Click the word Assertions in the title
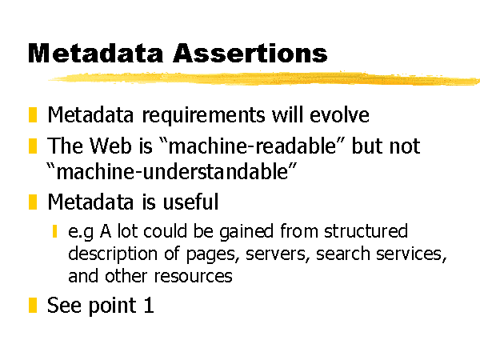(250, 53)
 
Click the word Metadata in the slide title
(95, 53)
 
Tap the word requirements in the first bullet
(203, 116)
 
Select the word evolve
(339, 115)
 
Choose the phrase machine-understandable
(172, 171)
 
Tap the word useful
(190, 202)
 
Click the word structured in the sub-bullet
(366, 230)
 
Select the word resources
(193, 276)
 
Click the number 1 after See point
(149, 305)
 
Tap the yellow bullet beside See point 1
(33, 305)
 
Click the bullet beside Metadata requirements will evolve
(33, 114)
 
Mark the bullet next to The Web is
(33, 146)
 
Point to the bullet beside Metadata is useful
(33, 202)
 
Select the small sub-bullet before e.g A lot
(54, 231)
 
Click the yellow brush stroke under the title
(264, 78)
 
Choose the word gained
(246, 231)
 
